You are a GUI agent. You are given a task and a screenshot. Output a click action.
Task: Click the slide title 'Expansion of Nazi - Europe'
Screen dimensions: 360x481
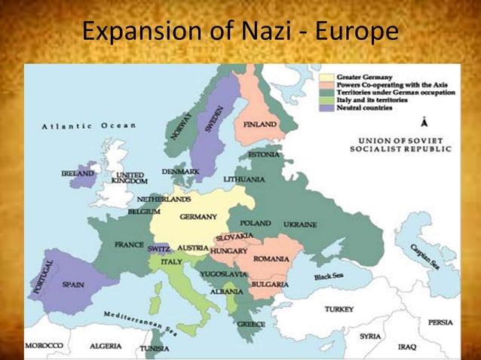pyautogui.click(x=240, y=32)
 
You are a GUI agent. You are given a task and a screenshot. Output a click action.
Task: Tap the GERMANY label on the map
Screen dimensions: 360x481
pyautogui.click(x=198, y=217)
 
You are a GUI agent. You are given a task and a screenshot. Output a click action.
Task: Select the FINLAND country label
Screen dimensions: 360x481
pyautogui.click(x=260, y=124)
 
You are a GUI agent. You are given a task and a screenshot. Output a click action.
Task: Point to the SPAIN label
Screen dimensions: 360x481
pyautogui.click(x=73, y=285)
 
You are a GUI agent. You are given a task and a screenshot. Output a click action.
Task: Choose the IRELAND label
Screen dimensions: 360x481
pyautogui.click(x=78, y=173)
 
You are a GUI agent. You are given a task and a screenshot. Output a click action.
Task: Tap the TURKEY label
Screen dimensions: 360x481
pyautogui.click(x=339, y=310)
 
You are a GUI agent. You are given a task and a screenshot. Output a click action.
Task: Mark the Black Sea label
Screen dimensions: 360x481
pyautogui.click(x=329, y=276)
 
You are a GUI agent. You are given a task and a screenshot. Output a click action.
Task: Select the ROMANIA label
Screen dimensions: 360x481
pyautogui.click(x=271, y=259)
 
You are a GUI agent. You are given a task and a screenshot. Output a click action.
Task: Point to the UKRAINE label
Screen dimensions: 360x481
pyautogui.click(x=300, y=224)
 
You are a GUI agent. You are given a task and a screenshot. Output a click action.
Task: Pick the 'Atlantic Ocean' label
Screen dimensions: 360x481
pyautogui.click(x=89, y=126)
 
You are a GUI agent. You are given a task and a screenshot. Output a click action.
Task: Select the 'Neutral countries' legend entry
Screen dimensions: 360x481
pyautogui.click(x=364, y=108)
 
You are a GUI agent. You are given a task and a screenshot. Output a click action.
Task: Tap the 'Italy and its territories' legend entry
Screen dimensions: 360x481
pyautogui.click(x=372, y=100)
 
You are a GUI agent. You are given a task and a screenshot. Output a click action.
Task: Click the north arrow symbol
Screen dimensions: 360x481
pyautogui.click(x=425, y=122)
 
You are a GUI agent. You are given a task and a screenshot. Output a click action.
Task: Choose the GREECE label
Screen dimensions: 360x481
pyautogui.click(x=251, y=324)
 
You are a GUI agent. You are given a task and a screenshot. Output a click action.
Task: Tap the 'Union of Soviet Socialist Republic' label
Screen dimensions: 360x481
pyautogui.click(x=400, y=145)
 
